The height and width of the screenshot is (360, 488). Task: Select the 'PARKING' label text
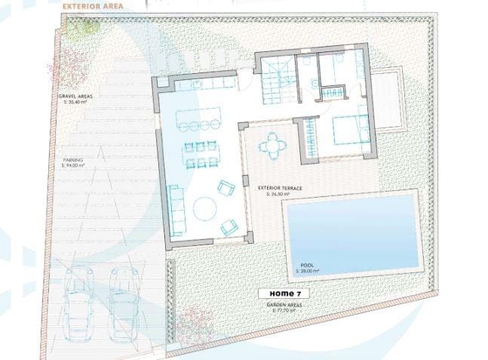coord(73,160)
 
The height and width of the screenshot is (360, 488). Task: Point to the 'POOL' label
coord(307,266)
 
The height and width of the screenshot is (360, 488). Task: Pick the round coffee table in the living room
coord(205,208)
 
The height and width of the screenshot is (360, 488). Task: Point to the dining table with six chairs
coord(201,155)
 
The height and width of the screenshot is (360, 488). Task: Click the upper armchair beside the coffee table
coord(226,188)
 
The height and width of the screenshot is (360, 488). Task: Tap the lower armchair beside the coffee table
coord(229,226)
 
